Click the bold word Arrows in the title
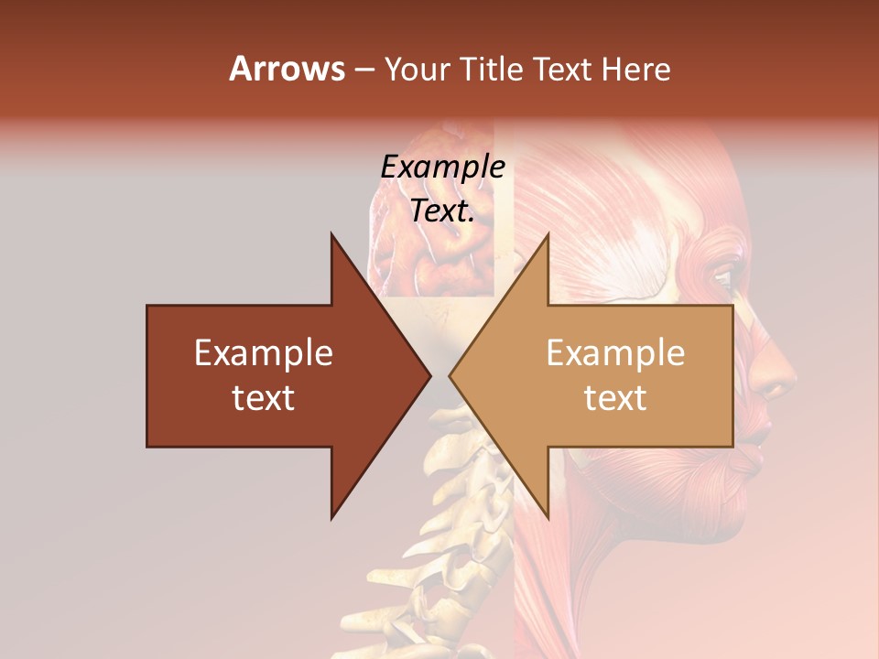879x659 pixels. click(287, 69)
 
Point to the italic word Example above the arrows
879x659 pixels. click(443, 167)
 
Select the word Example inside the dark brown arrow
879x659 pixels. click(264, 353)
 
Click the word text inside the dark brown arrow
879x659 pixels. click(264, 398)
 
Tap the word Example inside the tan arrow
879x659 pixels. click(615, 353)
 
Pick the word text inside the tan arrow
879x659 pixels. click(615, 398)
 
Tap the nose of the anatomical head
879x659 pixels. click(778, 375)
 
